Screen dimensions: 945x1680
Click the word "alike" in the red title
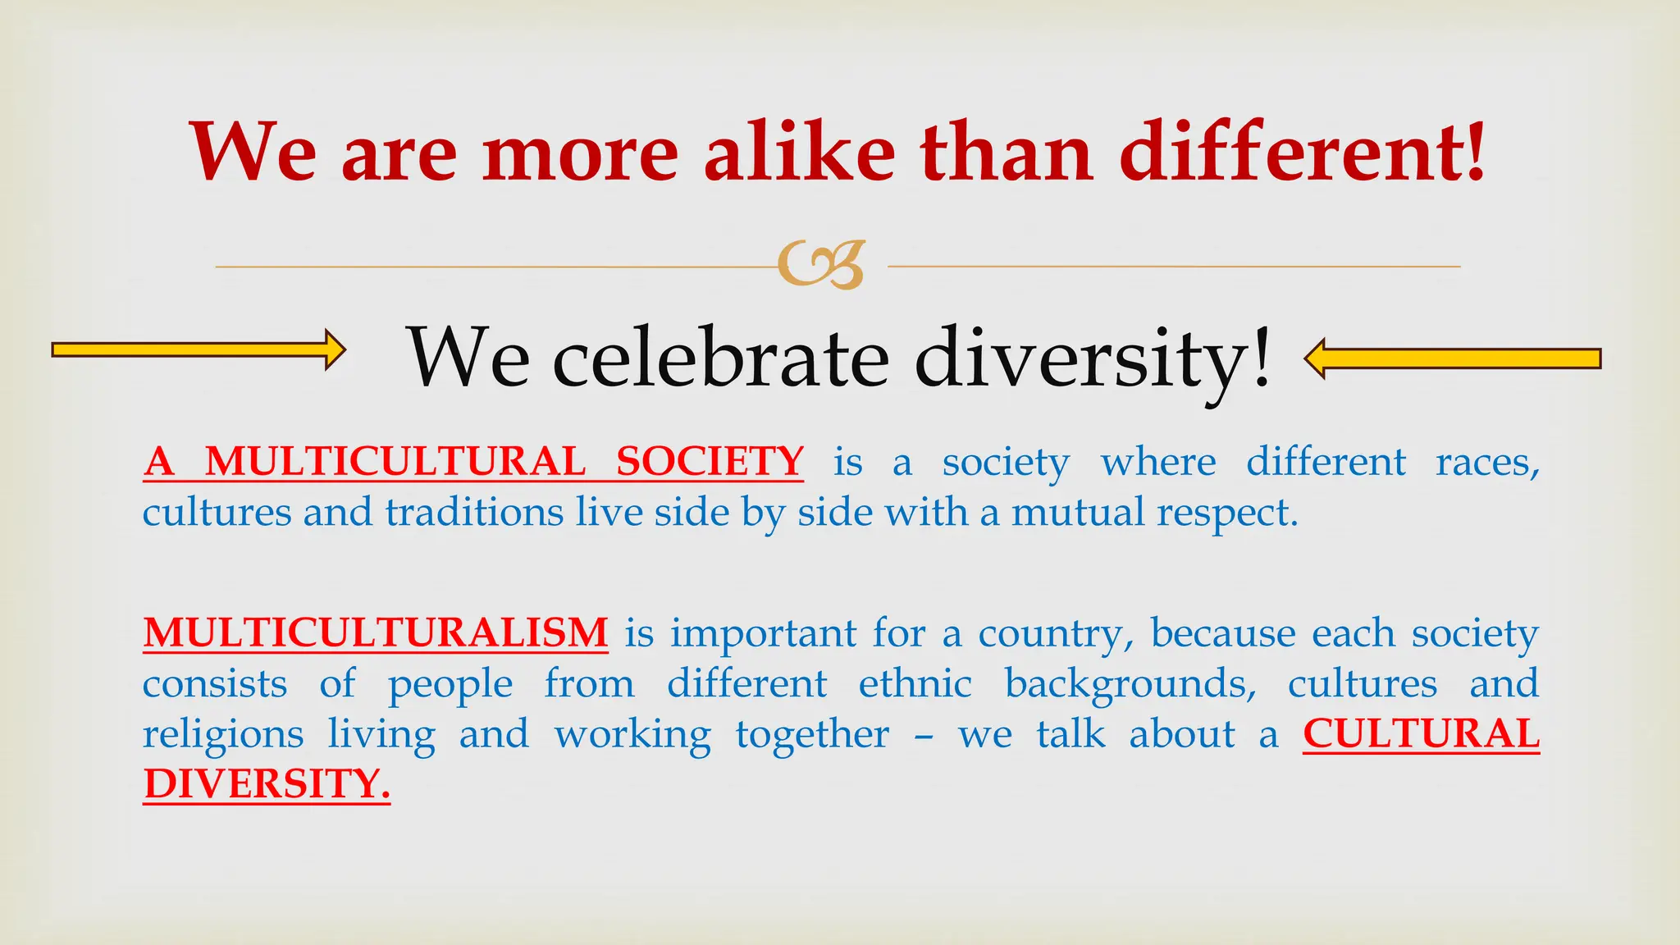tap(799, 153)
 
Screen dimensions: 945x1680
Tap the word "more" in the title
tap(580, 153)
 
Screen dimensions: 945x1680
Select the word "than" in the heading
tap(1007, 153)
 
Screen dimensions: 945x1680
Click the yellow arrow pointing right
tap(198, 350)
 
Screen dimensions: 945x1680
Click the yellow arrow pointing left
tap(1452, 358)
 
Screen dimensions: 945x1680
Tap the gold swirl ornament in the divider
tap(821, 265)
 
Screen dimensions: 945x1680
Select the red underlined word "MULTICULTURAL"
tap(395, 461)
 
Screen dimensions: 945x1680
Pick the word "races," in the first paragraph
tap(1487, 463)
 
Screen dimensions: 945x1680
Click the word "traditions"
tap(474, 513)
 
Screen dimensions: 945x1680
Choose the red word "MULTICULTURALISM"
tap(376, 633)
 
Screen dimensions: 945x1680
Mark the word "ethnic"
tap(915, 684)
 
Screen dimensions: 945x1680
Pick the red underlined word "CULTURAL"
tap(1421, 734)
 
